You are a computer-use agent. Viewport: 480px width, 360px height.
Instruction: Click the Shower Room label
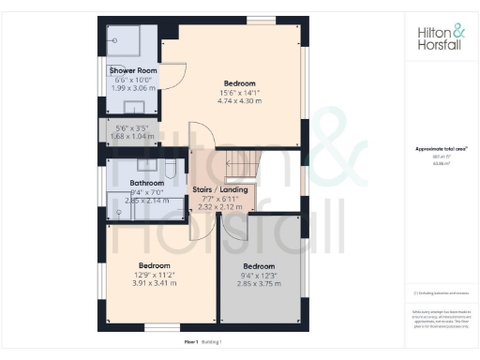click(x=132, y=70)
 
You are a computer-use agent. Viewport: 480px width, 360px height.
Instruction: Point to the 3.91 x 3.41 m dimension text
click(x=152, y=282)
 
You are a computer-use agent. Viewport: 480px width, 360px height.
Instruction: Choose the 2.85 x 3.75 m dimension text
click(x=258, y=283)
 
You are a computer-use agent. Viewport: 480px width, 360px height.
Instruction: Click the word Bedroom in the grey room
click(x=258, y=265)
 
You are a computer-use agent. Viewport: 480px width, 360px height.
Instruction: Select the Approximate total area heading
click(x=438, y=149)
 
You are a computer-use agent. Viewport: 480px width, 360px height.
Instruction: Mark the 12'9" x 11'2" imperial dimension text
click(x=152, y=274)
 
